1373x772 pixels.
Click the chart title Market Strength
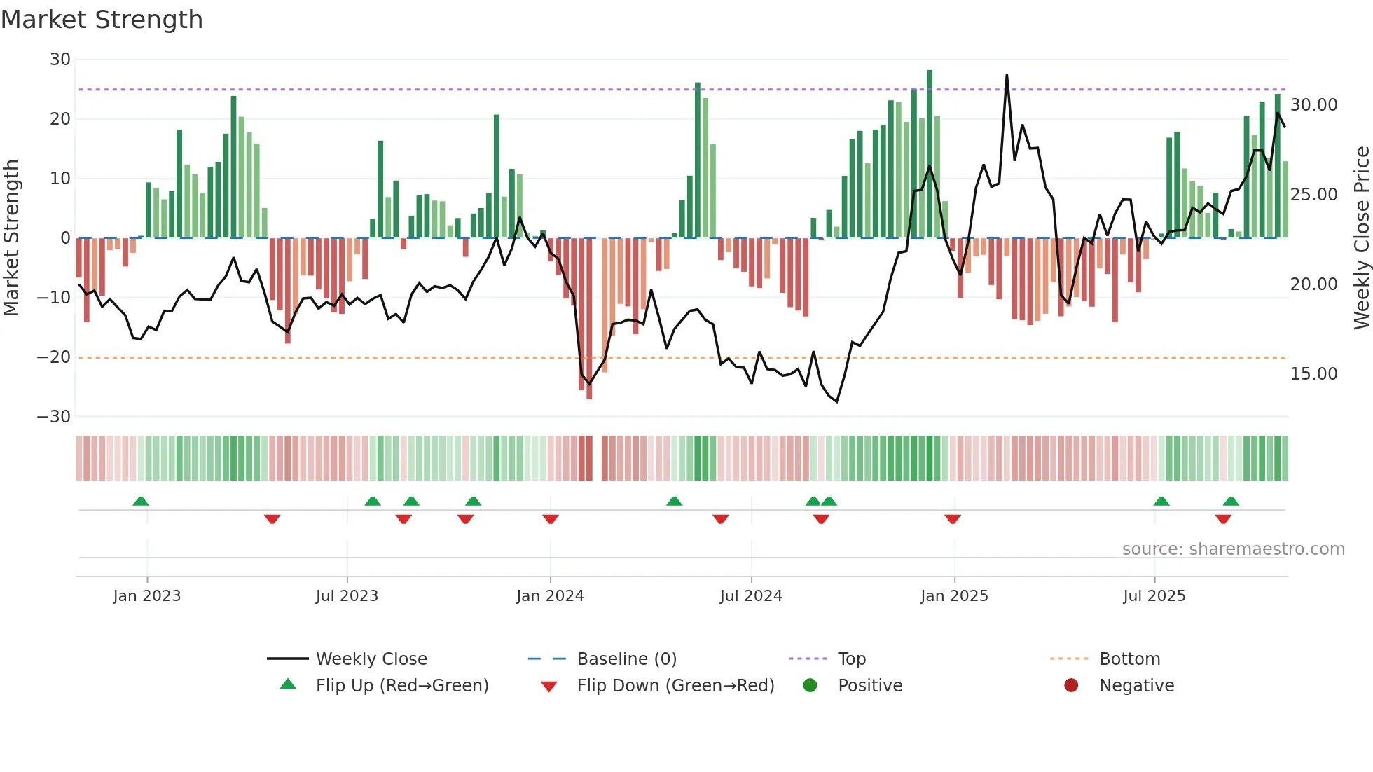(102, 20)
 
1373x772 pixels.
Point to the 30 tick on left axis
(60, 60)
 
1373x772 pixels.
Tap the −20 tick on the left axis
(54, 357)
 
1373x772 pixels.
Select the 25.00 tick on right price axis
(1313, 195)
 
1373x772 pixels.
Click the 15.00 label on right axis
(1313, 374)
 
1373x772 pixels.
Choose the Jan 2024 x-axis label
(550, 596)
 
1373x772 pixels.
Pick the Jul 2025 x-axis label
(1154, 596)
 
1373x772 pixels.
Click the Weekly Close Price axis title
(1361, 238)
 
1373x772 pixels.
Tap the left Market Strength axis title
(11, 238)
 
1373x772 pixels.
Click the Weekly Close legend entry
(371, 659)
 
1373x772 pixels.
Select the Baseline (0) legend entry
(626, 659)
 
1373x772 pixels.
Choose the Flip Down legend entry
(675, 686)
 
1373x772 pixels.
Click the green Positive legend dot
(810, 686)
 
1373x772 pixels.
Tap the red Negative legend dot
(1071, 686)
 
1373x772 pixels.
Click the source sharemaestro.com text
(1233, 549)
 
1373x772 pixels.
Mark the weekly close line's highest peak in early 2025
(1007, 76)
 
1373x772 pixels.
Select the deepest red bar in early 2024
(589, 319)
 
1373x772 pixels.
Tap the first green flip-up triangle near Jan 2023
(141, 501)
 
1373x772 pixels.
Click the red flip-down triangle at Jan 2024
(551, 519)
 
